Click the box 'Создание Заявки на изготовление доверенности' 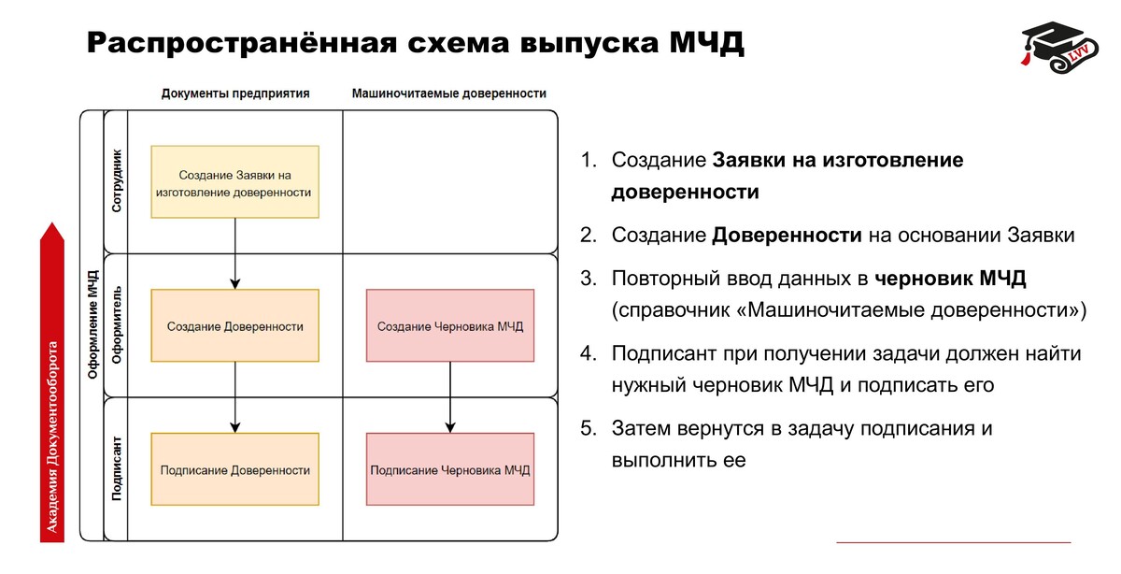click(x=234, y=182)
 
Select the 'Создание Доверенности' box click(x=234, y=326)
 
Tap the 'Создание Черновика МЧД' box click(x=450, y=326)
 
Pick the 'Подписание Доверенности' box click(x=234, y=470)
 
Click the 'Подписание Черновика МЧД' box click(x=450, y=470)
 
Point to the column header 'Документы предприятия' click(x=235, y=93)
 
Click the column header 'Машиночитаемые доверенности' click(x=449, y=93)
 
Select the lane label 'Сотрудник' click(x=116, y=180)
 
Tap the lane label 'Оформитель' click(x=116, y=326)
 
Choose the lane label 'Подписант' click(x=116, y=468)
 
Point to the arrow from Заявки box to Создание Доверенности click(x=234, y=253)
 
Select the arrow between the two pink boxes click(x=450, y=397)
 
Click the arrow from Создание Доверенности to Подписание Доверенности click(x=234, y=397)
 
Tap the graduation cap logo click(x=1057, y=46)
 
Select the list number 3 click(x=587, y=279)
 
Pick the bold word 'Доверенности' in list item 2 click(x=787, y=235)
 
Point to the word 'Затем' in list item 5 click(x=641, y=429)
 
